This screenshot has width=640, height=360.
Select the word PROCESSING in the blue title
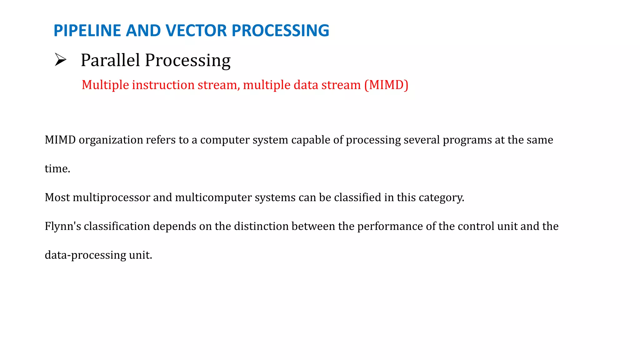pos(280,31)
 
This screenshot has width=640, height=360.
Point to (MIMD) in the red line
pos(386,85)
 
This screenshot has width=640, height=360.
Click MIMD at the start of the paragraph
pos(60,140)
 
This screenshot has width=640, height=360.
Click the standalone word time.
pos(57,169)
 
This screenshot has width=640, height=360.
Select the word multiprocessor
pos(111,197)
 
